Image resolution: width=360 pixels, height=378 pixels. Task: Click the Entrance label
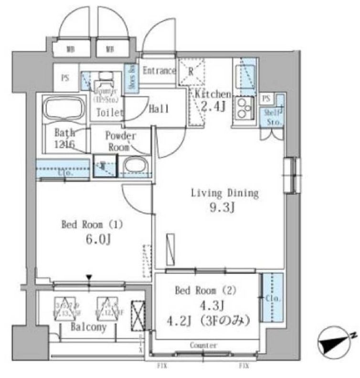[x=159, y=71]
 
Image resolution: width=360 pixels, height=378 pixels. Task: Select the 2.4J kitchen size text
[x=212, y=106]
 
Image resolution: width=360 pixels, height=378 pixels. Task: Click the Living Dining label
[x=224, y=193]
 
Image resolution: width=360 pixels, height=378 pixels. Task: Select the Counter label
[x=203, y=345]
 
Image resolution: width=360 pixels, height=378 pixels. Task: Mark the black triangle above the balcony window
[x=89, y=277]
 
